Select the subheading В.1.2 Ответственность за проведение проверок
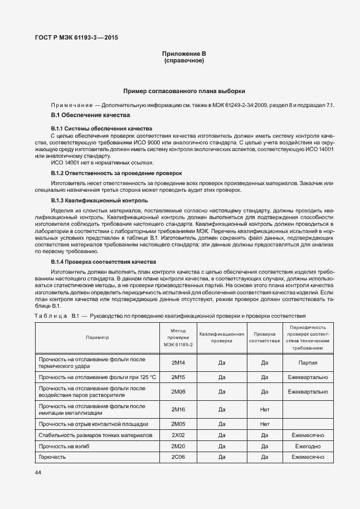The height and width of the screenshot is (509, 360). pyautogui.click(x=116, y=173)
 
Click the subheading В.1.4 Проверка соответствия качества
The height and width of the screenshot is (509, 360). pyautogui.click(x=103, y=261)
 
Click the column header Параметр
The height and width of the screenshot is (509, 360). pyautogui.click(x=98, y=338)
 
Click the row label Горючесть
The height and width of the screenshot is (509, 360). pyautogui.click(x=52, y=457)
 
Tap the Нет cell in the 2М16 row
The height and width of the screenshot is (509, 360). pyautogui.click(x=265, y=409)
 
